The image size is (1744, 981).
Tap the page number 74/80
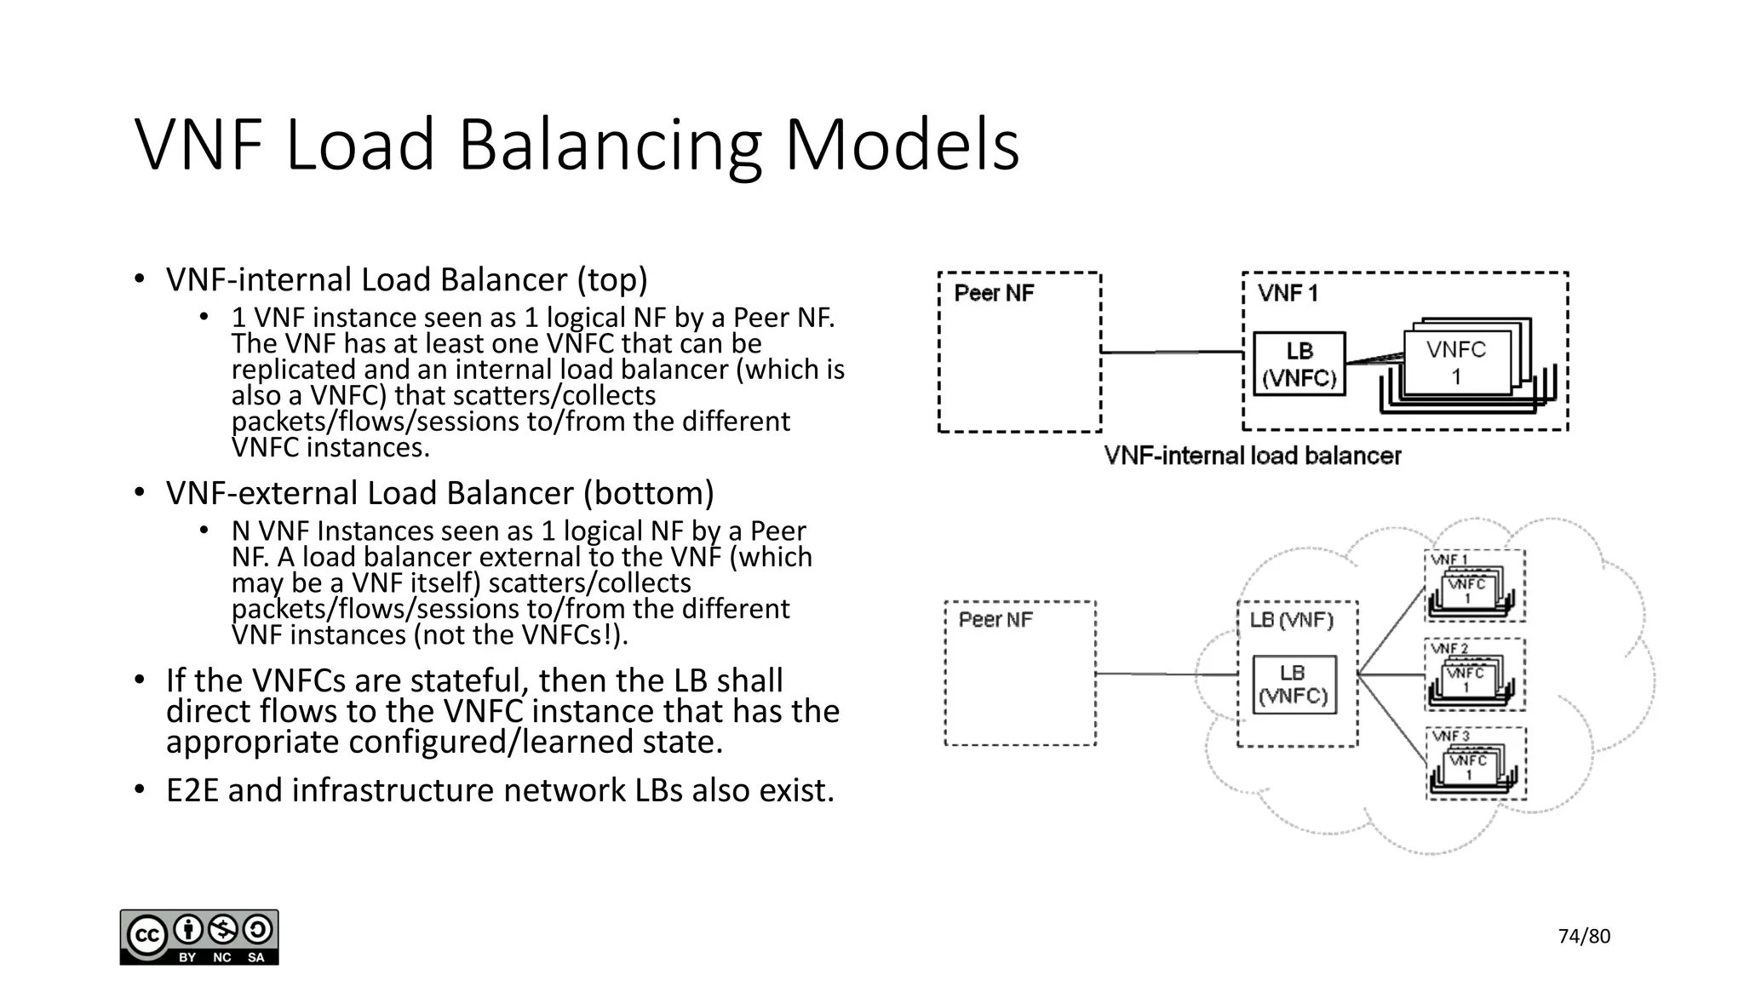tap(1584, 937)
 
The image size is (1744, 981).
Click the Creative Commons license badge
tap(199, 937)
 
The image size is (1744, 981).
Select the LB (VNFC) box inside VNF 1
tap(1299, 364)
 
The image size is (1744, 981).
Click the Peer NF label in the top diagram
tap(994, 294)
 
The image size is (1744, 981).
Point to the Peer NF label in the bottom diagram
tap(995, 620)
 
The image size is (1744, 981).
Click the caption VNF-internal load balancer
tap(1252, 456)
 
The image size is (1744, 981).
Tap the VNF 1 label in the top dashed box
tap(1288, 294)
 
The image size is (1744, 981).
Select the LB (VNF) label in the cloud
tap(1291, 620)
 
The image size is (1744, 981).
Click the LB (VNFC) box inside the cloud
tap(1294, 685)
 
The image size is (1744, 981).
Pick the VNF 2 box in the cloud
tap(1474, 674)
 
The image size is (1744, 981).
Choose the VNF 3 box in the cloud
tap(1475, 763)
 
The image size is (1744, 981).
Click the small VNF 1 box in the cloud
tap(1474, 586)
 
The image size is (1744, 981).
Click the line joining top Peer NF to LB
tap(1172, 352)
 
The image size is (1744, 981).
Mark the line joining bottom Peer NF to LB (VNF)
tap(1167, 674)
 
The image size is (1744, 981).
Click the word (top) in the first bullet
tap(611, 280)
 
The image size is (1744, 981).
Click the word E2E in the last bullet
tap(192, 791)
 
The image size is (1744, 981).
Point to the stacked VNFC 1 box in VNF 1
tap(1456, 363)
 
